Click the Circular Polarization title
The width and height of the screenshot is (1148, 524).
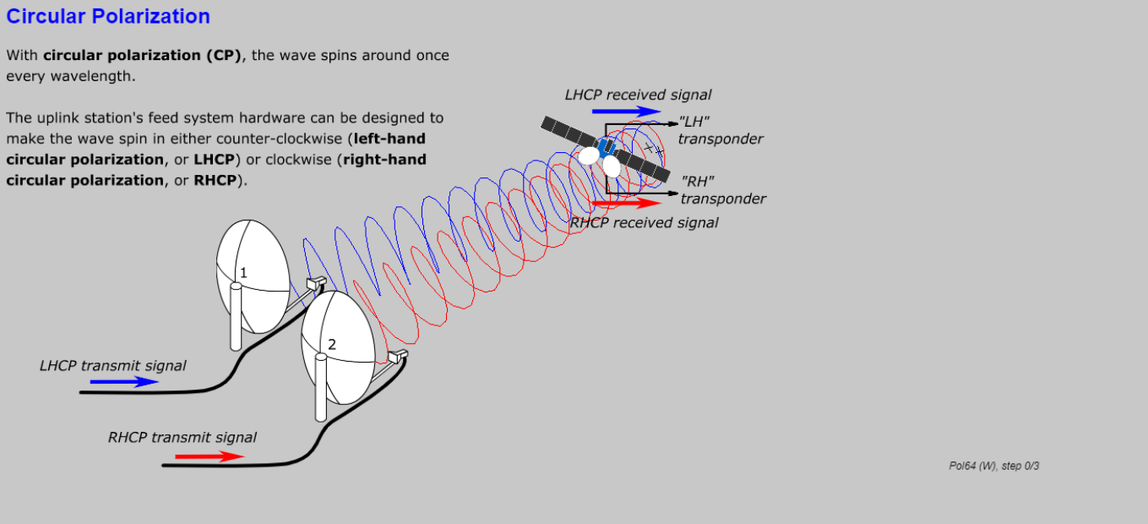[108, 16]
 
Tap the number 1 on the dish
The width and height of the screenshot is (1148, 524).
[243, 272]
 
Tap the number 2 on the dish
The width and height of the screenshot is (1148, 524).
[332, 344]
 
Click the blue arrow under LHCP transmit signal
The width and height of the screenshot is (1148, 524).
[124, 381]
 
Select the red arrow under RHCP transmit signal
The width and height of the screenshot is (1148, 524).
[209, 456]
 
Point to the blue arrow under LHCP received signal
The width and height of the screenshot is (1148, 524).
[626, 111]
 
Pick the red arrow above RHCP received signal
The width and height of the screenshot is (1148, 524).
[627, 203]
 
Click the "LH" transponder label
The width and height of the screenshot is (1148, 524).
[720, 130]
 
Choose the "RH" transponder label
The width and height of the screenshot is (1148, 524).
[722, 190]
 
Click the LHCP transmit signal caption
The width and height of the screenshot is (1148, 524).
[112, 366]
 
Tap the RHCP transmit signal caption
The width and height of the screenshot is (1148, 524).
[182, 438]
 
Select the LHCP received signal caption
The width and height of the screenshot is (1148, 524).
[638, 95]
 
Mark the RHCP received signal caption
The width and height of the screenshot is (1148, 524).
[645, 222]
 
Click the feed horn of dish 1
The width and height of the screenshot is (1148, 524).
[316, 283]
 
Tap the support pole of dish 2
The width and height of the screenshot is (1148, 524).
[321, 388]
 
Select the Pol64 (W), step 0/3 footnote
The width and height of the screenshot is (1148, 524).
[993, 466]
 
